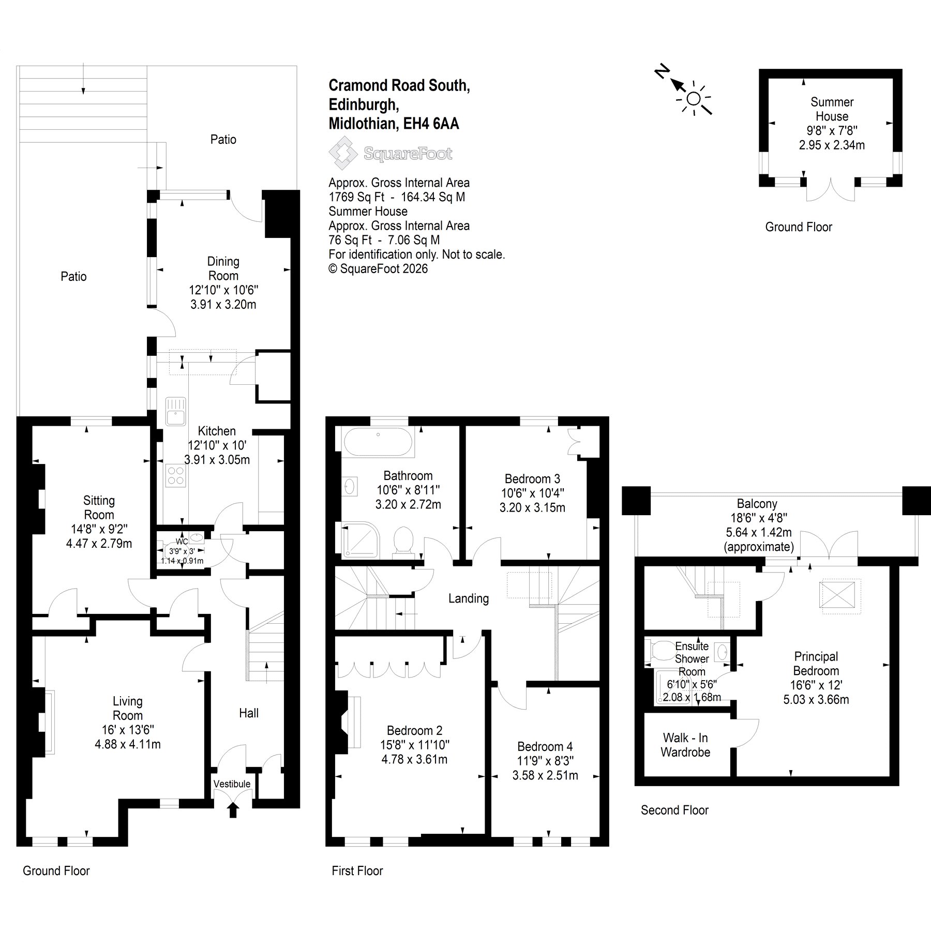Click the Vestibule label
click(232, 784)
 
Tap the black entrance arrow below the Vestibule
click(233, 810)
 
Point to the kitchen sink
click(175, 411)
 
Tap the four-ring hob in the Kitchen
click(175, 475)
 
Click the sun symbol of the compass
click(694, 99)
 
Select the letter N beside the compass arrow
click(661, 72)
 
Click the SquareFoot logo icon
click(343, 154)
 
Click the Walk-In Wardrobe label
click(686, 745)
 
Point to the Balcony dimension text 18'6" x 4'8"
click(757, 518)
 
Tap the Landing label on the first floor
click(469, 599)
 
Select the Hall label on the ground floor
click(249, 713)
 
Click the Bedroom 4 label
click(545, 747)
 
